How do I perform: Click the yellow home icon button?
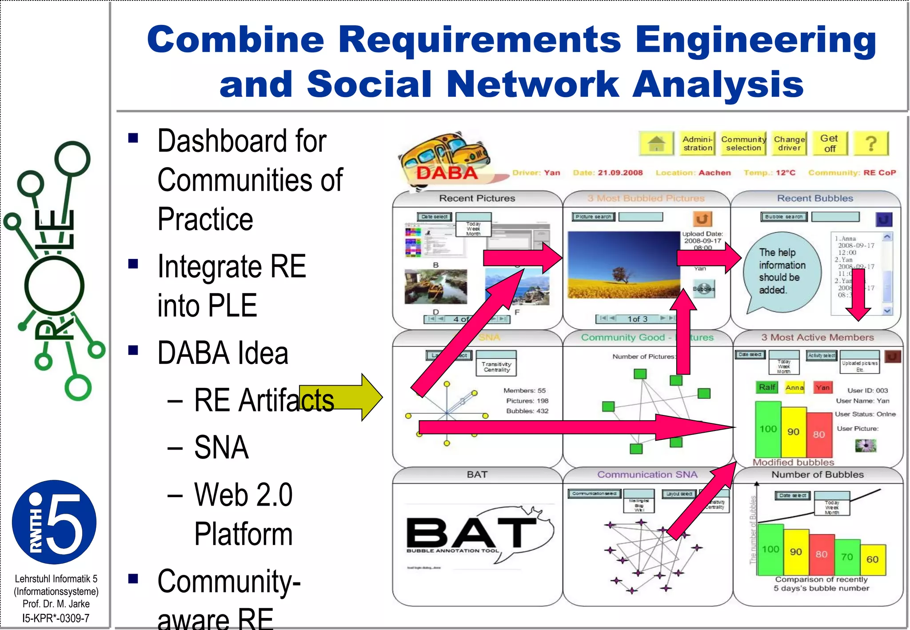tap(656, 144)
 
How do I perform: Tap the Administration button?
tap(697, 144)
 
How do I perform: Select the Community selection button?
tap(743, 144)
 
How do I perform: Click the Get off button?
tap(830, 144)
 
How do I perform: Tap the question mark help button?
tap(871, 144)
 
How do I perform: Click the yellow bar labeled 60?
tap(873, 559)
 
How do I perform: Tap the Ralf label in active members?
tap(767, 387)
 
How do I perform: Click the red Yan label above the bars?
tap(822, 387)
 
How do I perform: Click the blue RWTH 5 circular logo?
tap(54, 522)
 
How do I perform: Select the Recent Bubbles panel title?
tap(815, 198)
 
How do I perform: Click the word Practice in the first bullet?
tap(205, 219)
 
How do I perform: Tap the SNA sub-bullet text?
tap(221, 447)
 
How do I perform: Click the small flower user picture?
tap(866, 445)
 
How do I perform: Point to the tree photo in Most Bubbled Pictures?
tap(623, 265)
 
